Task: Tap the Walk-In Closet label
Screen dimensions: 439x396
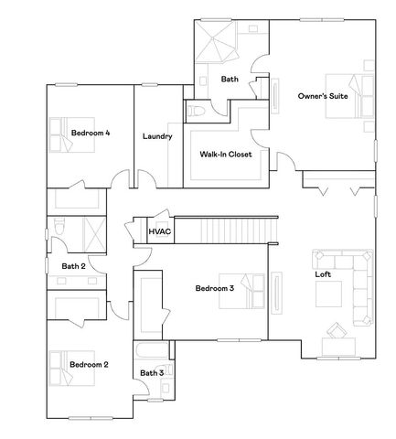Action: [226, 154]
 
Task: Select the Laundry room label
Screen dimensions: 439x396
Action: [158, 136]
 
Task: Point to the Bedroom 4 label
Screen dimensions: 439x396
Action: [91, 133]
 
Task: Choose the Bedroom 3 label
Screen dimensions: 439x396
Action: [215, 288]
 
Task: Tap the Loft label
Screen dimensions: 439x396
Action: [323, 273]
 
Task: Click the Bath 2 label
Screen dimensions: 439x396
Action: [73, 266]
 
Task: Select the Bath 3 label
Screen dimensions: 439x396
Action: [152, 372]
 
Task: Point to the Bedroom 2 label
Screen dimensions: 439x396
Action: [89, 364]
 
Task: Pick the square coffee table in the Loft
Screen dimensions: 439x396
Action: [329, 293]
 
